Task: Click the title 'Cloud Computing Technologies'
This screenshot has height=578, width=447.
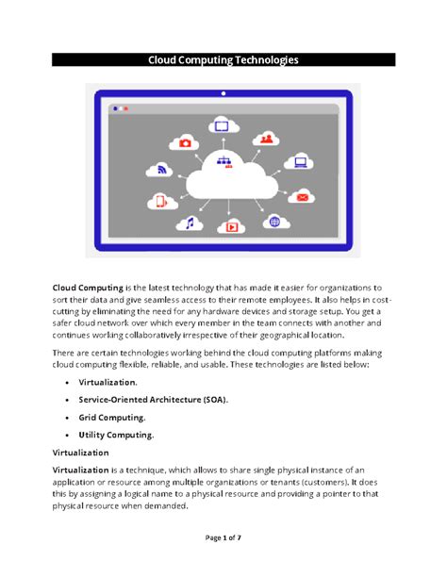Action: tap(223, 59)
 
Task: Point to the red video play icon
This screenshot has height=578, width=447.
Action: tap(231, 226)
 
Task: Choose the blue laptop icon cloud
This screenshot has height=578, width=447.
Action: tap(301, 162)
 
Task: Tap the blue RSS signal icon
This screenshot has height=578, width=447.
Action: tap(160, 170)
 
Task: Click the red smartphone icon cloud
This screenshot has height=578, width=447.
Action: tap(161, 200)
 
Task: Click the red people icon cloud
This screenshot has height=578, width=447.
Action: tap(268, 139)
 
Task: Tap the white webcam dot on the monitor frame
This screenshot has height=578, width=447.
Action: tap(223, 92)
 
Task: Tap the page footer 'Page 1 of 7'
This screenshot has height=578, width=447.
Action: tap(223, 537)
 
